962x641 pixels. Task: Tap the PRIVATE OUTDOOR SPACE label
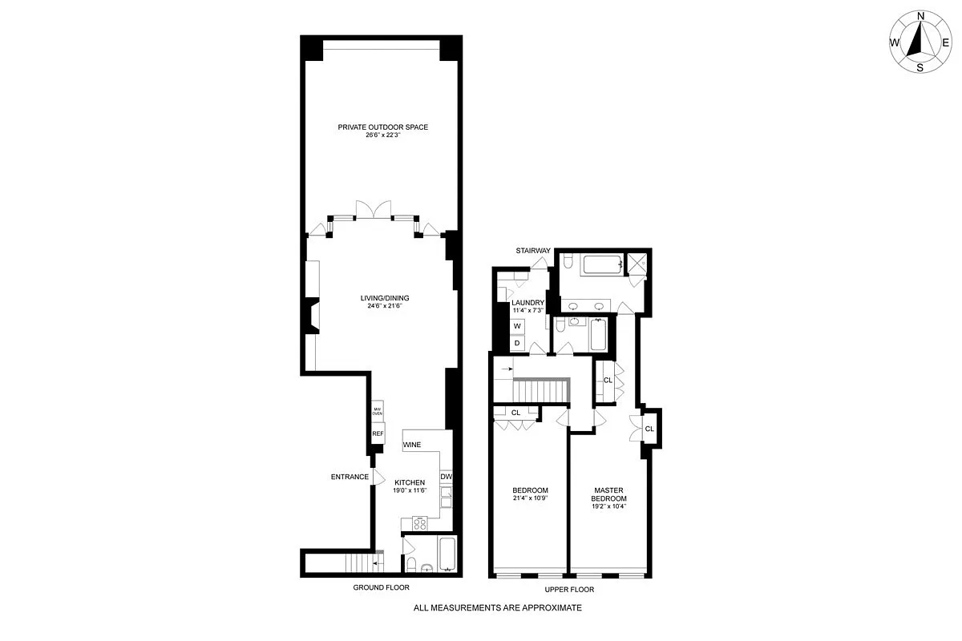click(382, 127)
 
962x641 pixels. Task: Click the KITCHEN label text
click(409, 482)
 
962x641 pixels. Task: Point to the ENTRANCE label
click(350, 478)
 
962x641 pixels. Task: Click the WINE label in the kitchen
click(412, 444)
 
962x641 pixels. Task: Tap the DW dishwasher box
click(447, 478)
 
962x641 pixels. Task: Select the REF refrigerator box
click(378, 433)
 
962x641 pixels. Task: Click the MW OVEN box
click(378, 411)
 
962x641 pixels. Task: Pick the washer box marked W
click(517, 326)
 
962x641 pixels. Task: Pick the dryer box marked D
click(517, 344)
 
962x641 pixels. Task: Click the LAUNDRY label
click(527, 302)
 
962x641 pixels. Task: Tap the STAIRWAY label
click(533, 251)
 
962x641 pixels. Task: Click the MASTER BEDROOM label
click(609, 494)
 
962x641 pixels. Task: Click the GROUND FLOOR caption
click(382, 588)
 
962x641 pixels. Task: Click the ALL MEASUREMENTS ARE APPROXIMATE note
click(497, 608)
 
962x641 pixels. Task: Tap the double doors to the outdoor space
click(374, 208)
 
